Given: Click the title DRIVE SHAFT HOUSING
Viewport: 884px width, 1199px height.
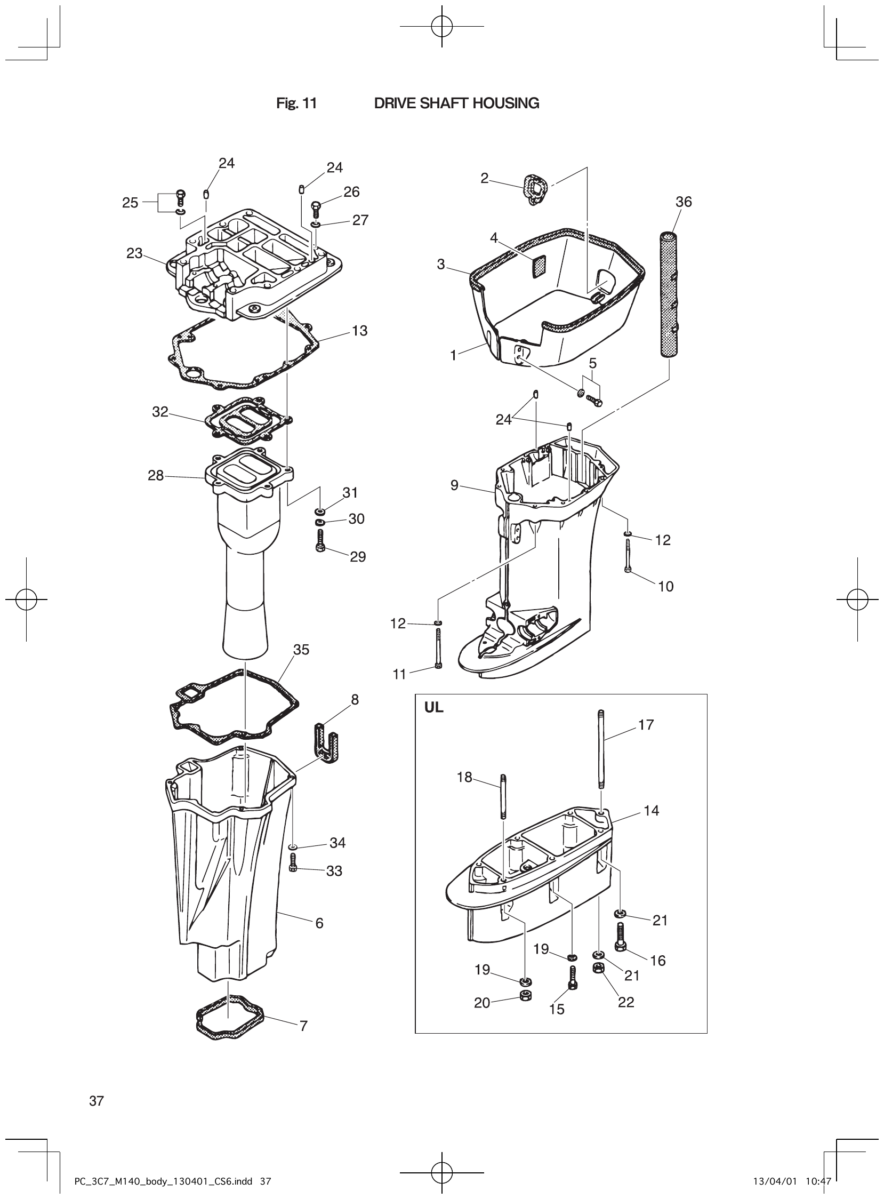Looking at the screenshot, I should (x=456, y=103).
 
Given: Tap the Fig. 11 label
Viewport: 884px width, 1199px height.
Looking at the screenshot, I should (x=296, y=103).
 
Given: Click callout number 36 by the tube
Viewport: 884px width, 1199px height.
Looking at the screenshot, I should (x=684, y=202).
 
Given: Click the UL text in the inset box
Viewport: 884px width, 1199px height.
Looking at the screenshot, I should (x=433, y=707).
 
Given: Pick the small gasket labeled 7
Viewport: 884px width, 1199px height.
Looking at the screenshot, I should (x=230, y=1017).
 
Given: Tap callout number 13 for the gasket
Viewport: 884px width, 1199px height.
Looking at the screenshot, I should (x=359, y=331).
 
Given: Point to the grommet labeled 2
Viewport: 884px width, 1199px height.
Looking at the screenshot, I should (x=534, y=189).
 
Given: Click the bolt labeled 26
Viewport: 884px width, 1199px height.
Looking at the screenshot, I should (x=315, y=209).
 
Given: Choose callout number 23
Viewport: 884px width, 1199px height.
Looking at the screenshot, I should (x=134, y=253).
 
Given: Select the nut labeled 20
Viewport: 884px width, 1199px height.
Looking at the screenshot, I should (x=526, y=997).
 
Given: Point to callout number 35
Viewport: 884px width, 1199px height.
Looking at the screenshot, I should (x=301, y=649).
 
